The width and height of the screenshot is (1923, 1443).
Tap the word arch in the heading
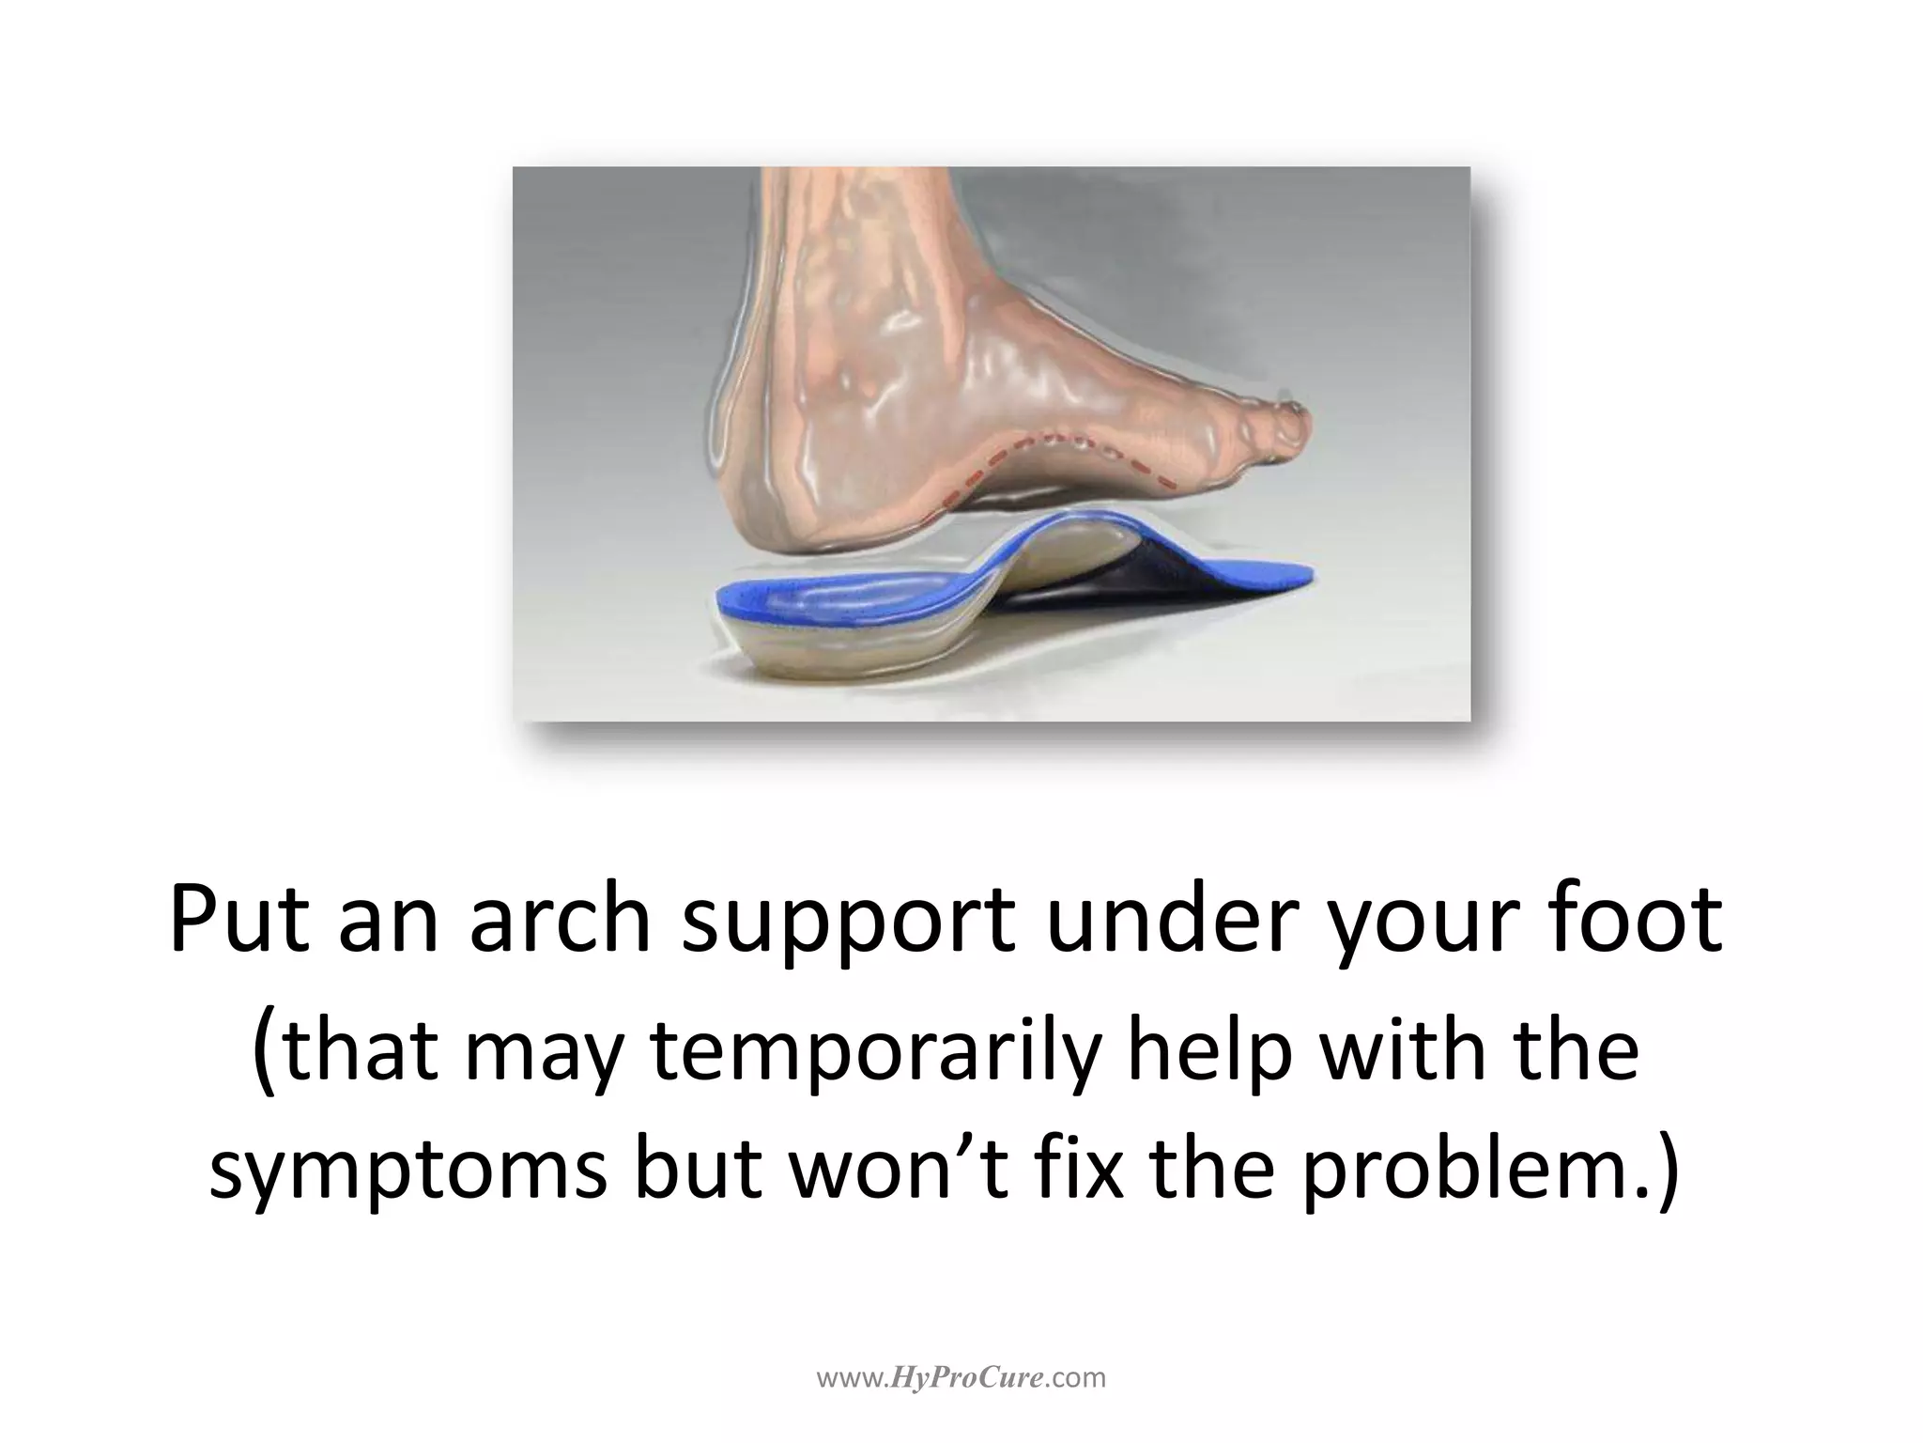click(x=560, y=920)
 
